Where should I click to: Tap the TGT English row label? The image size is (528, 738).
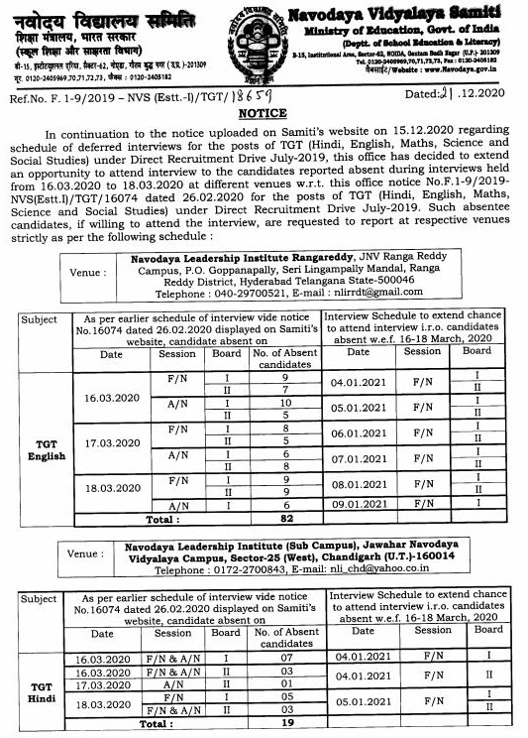[x=47, y=449]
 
